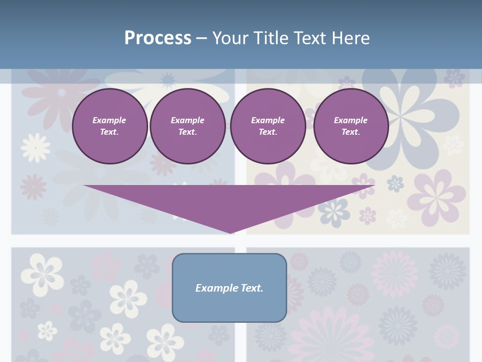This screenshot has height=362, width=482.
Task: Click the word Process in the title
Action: coord(158,38)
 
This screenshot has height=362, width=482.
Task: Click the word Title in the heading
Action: coord(272,38)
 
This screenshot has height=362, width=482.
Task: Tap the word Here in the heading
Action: coord(351,38)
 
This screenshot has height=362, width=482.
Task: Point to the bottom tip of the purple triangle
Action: coord(230,233)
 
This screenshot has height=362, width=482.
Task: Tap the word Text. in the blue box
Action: coord(251,288)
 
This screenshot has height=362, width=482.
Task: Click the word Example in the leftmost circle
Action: coord(109,120)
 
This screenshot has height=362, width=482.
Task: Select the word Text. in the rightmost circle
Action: coord(350,132)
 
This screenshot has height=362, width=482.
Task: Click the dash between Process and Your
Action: coord(201,38)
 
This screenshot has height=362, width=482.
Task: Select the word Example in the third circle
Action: coord(268,120)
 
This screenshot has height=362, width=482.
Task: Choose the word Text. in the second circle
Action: coord(187,132)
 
